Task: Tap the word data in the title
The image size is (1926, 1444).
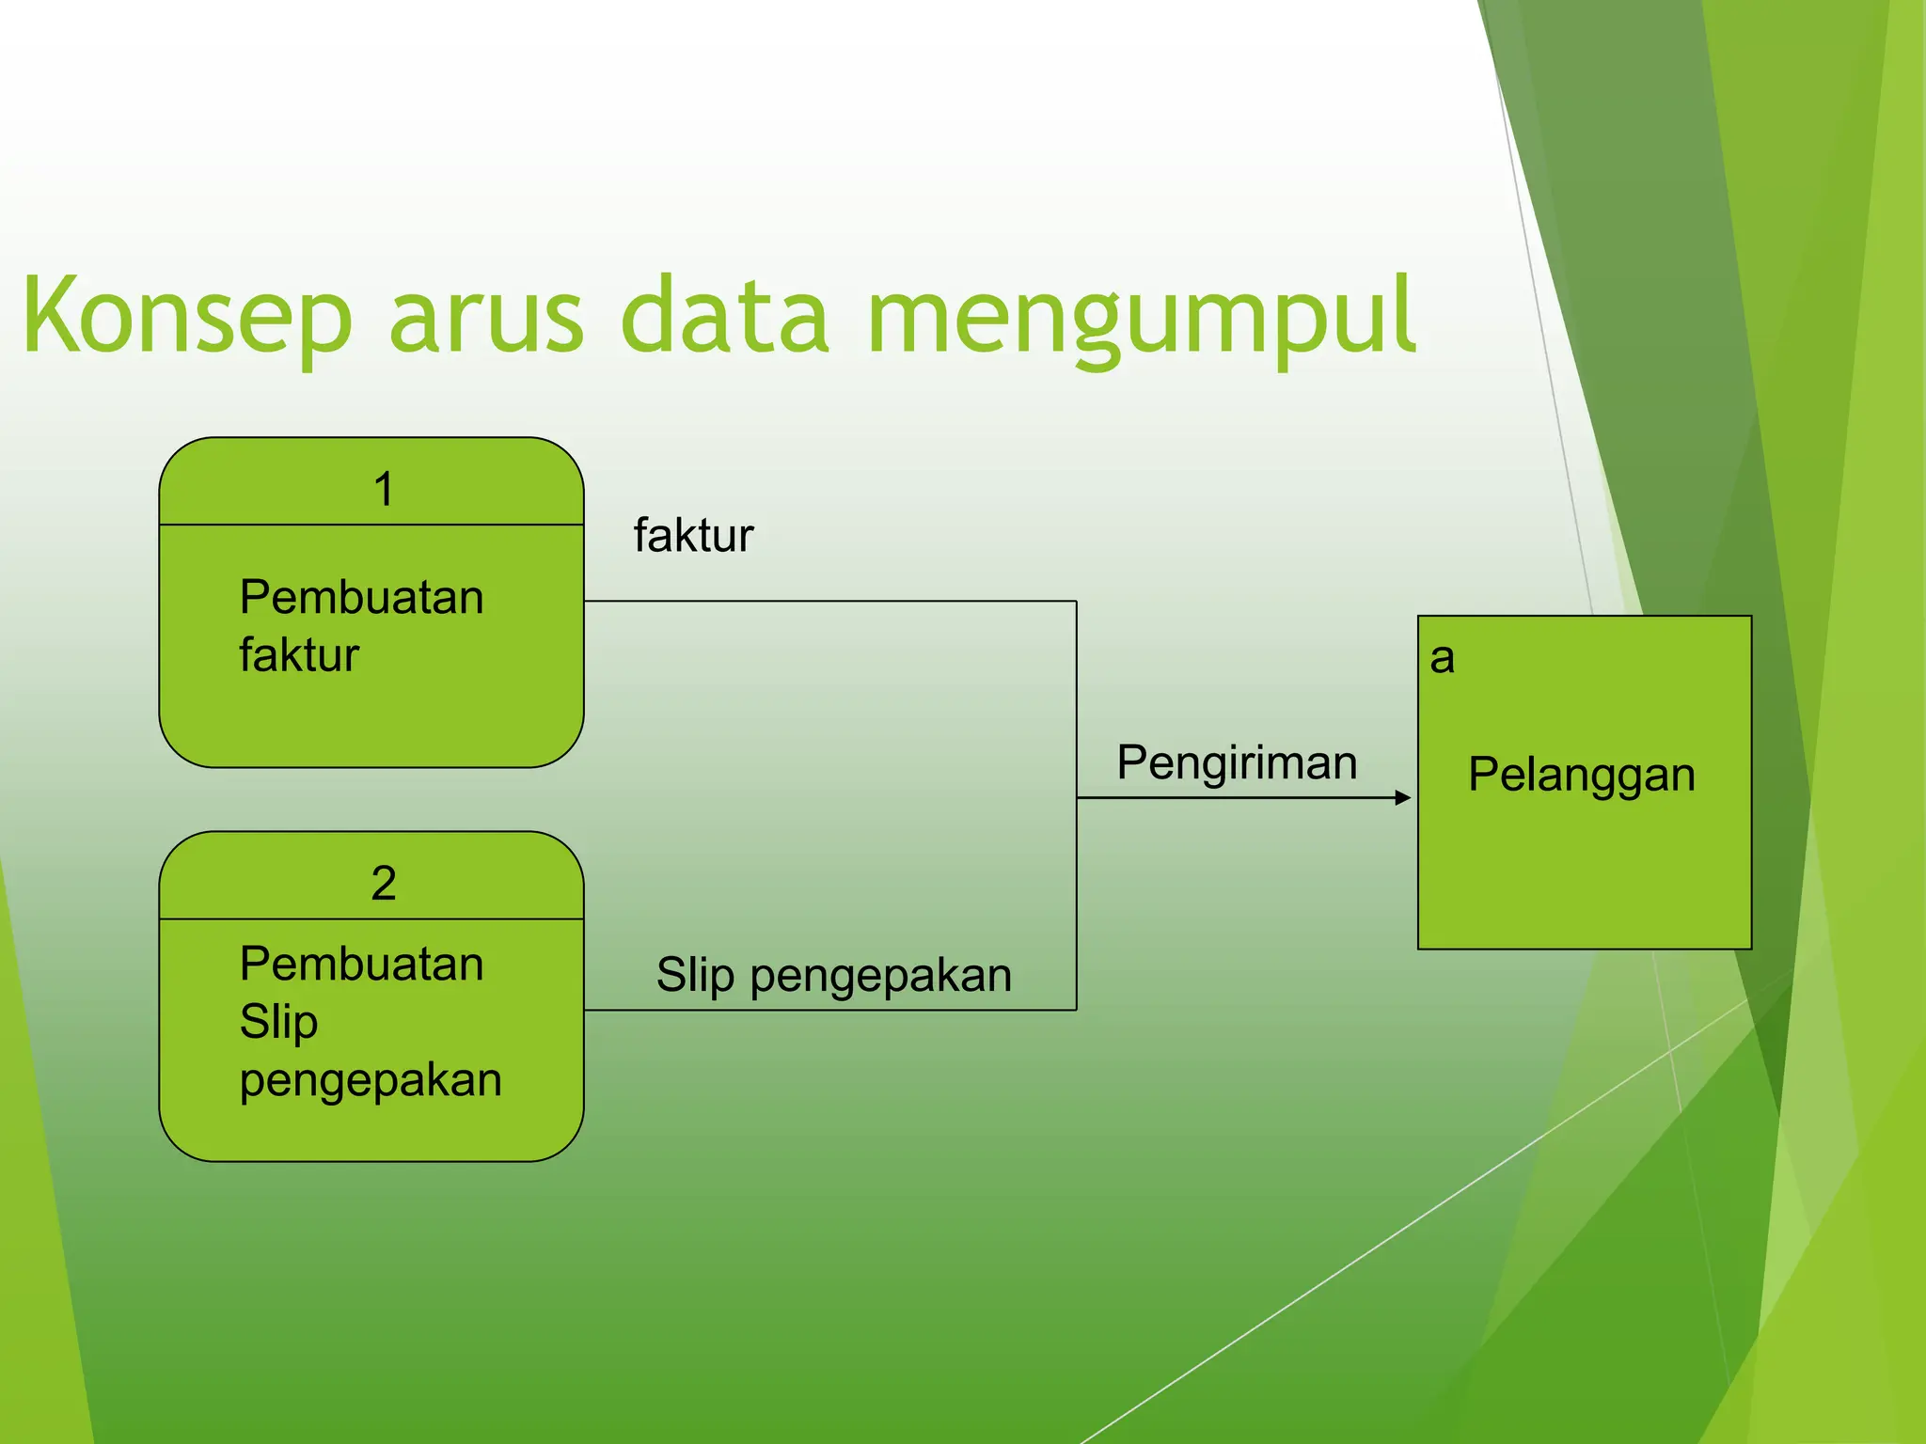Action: click(724, 317)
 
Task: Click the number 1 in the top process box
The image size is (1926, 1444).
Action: click(383, 490)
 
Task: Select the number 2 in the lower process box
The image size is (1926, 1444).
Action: click(383, 884)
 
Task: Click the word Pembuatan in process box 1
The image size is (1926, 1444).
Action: click(361, 598)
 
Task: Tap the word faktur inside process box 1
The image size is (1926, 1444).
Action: click(299, 655)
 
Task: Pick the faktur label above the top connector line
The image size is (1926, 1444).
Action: click(693, 536)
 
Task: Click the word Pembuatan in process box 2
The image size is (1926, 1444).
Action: click(361, 965)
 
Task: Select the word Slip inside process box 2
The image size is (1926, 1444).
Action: click(278, 1022)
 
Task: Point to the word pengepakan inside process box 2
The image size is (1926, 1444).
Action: click(371, 1080)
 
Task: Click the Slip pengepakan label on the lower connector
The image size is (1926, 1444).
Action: click(833, 975)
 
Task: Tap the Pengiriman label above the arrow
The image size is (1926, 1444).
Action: click(1237, 762)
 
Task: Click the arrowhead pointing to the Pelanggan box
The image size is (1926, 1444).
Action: click(1403, 798)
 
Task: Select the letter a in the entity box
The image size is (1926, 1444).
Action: click(1442, 658)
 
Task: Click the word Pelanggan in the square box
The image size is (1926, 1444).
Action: click(1582, 776)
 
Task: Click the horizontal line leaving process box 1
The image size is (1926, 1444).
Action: click(828, 601)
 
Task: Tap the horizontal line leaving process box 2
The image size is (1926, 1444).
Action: click(828, 1011)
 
